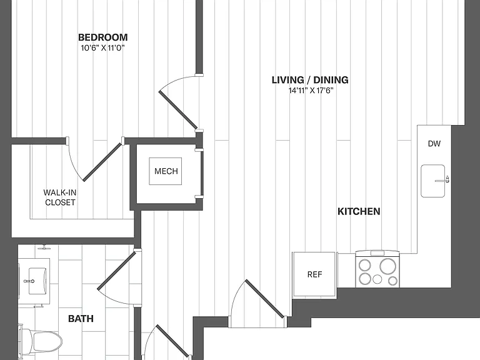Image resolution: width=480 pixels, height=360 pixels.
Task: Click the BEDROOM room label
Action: click(x=103, y=37)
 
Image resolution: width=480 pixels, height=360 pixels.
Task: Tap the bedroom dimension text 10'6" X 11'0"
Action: click(x=103, y=48)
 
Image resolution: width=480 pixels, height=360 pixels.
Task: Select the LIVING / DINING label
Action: click(x=310, y=80)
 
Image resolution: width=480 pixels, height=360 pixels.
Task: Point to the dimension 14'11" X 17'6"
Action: click(x=311, y=91)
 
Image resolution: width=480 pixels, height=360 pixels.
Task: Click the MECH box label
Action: click(x=166, y=171)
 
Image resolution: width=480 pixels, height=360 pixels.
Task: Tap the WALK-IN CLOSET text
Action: click(x=60, y=197)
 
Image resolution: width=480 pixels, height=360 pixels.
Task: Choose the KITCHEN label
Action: click(x=359, y=211)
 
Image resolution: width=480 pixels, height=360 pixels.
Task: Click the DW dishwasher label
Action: click(x=434, y=144)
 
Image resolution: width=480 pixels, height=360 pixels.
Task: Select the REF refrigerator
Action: click(x=314, y=274)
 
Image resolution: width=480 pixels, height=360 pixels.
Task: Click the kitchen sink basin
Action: click(x=433, y=181)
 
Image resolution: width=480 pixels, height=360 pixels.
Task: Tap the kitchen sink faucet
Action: click(x=442, y=180)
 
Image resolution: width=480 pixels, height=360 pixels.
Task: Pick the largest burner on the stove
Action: click(x=387, y=266)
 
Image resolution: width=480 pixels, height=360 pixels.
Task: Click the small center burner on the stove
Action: click(x=377, y=279)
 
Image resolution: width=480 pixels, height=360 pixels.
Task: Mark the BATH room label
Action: click(x=81, y=319)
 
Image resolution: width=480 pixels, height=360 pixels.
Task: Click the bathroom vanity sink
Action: click(x=37, y=281)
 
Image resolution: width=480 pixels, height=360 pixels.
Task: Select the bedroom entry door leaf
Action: click(x=178, y=109)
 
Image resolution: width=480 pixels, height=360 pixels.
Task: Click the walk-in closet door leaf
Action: click(x=102, y=162)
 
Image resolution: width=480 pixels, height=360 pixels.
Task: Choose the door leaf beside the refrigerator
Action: click(x=265, y=299)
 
